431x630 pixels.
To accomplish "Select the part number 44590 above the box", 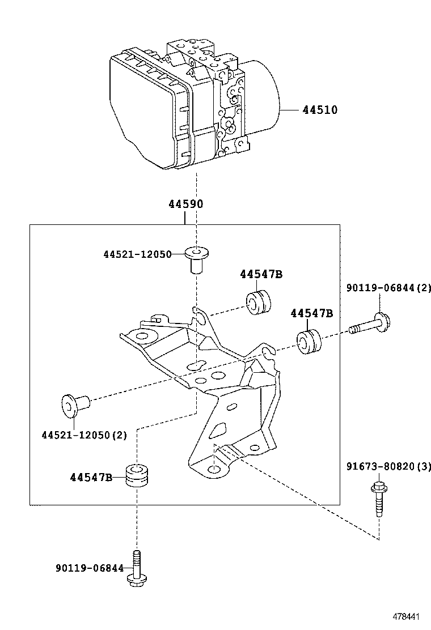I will click(185, 204).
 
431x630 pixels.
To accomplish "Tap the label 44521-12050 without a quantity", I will click(137, 255).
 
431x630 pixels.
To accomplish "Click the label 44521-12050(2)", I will click(84, 435).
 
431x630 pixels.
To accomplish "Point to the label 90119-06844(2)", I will click(388, 288).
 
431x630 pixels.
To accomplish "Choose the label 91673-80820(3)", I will click(388, 466).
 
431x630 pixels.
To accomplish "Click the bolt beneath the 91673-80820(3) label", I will click(377, 499).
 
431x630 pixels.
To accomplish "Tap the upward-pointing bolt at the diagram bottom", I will click(136, 569).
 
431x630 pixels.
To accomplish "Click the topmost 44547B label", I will click(261, 274).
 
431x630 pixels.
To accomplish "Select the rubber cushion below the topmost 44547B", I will click(259, 301).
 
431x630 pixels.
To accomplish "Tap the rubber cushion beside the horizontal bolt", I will click(309, 342).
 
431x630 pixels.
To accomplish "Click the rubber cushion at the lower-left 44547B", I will click(136, 476).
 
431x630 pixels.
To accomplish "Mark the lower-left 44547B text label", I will click(91, 477).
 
